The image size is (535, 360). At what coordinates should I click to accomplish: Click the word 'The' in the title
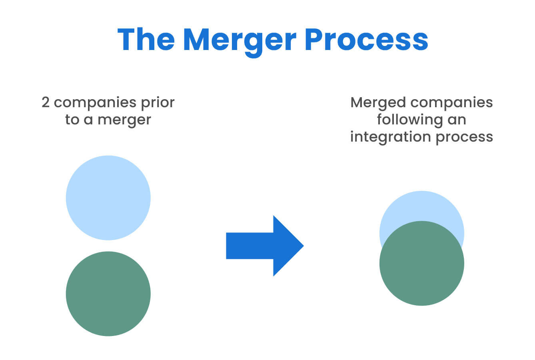[x=146, y=40]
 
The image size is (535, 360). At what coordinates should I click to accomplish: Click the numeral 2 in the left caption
[x=46, y=102]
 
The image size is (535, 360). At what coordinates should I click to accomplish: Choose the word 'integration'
[x=390, y=137]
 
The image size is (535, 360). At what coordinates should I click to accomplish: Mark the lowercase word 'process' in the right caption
[x=464, y=137]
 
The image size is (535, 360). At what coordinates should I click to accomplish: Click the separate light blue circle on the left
[x=108, y=198]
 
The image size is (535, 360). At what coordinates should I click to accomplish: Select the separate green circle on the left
[x=108, y=294]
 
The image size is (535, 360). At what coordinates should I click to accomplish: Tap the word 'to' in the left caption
[x=72, y=120]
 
